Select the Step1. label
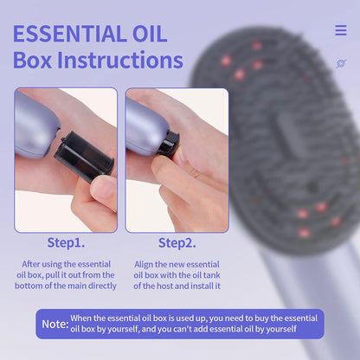65,243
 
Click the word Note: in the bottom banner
55,324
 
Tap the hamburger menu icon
340,30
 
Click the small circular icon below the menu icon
340,63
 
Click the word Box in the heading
32,60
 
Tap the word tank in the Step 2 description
197,273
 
